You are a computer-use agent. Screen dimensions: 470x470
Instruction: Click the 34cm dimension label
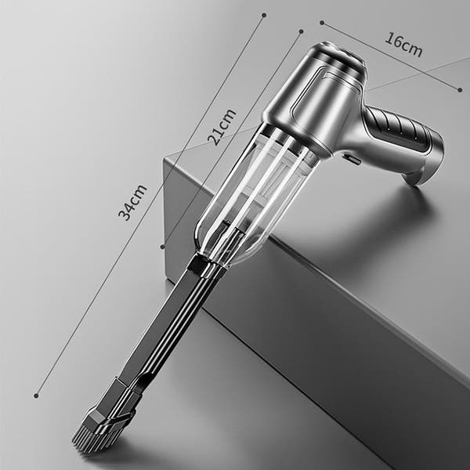click(x=134, y=202)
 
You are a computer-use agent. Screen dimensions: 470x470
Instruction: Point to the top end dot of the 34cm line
click(x=263, y=15)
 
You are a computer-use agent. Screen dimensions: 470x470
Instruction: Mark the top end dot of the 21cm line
click(x=301, y=32)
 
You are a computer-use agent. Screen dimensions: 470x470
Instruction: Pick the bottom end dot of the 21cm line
click(x=162, y=246)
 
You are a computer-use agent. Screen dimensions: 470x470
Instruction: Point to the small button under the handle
click(x=352, y=160)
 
